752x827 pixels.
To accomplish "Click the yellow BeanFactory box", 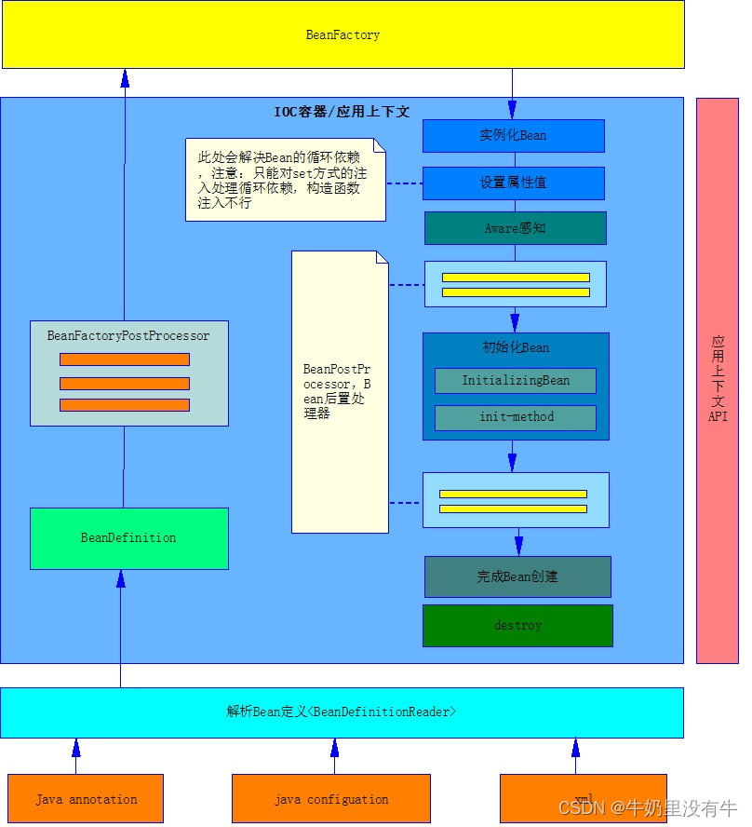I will tap(342, 34).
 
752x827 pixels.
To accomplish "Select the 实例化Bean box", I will tap(513, 135).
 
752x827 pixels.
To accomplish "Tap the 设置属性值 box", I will tap(513, 183).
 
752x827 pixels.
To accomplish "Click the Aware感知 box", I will tap(515, 228).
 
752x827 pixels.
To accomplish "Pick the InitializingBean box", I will tap(515, 381).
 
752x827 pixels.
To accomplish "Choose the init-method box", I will tap(516, 417).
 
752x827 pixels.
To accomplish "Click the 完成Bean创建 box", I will tap(517, 576).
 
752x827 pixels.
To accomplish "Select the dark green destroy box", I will tap(517, 626).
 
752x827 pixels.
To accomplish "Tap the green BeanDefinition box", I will tap(128, 538).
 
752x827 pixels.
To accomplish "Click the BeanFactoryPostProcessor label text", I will tap(128, 336).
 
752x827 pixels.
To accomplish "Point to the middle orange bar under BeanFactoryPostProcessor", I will tap(125, 383).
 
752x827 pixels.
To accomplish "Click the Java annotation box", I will tap(86, 799).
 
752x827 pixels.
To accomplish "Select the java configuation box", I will tap(330, 799).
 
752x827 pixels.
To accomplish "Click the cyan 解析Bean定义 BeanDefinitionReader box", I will tap(342, 712).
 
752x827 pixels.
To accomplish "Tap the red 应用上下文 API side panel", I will tap(717, 380).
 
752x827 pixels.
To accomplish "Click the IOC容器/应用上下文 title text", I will tap(342, 112).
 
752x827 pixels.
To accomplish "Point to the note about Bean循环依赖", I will tap(284, 180).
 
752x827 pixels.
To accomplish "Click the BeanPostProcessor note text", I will tap(337, 391).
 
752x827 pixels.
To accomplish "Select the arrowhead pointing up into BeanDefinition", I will tap(120, 579).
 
